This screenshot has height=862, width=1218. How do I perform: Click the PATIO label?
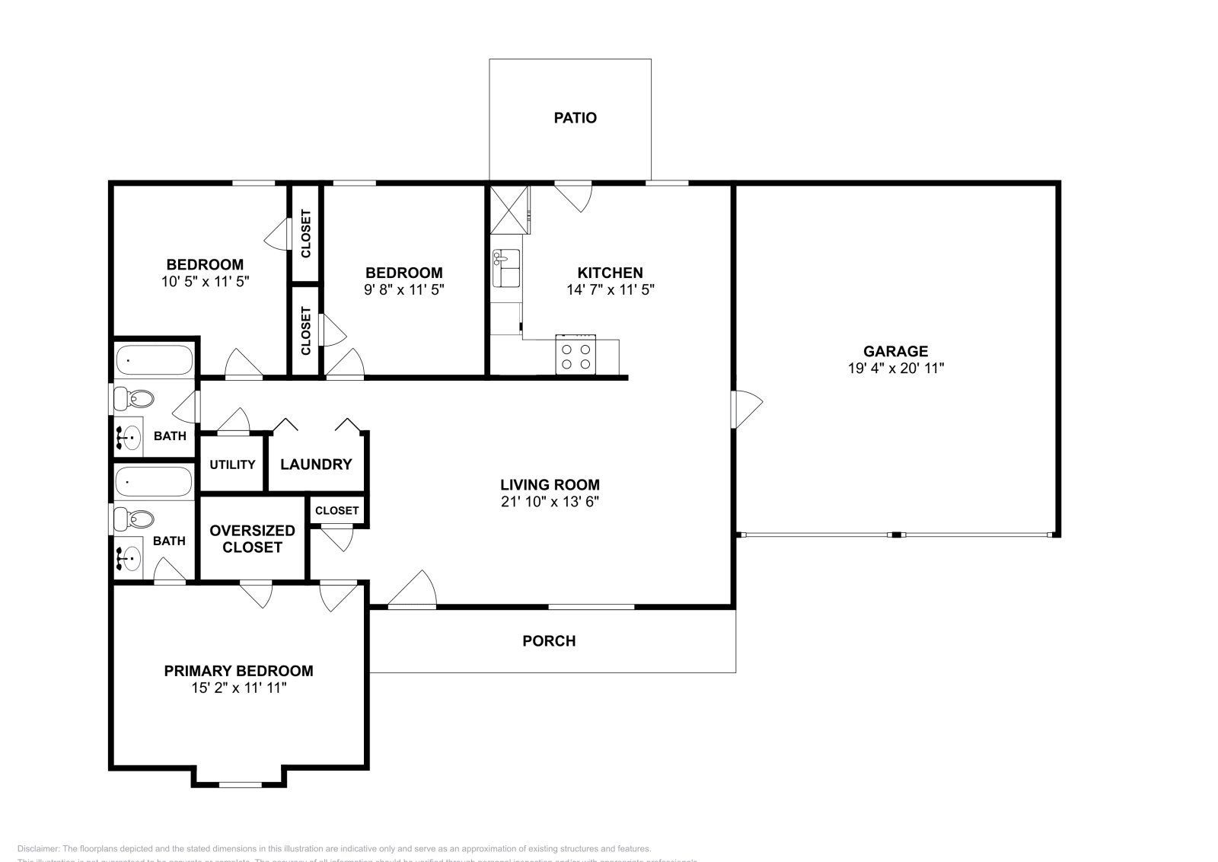coord(575,118)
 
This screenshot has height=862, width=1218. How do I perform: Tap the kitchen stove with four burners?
coord(575,356)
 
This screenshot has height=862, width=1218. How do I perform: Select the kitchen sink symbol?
coord(506,268)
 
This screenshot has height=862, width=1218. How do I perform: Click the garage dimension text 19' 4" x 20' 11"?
coord(895,369)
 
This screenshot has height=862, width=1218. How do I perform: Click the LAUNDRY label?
coord(316,465)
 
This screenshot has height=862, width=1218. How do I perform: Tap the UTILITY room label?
coord(232,465)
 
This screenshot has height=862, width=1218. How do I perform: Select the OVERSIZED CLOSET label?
coord(252,538)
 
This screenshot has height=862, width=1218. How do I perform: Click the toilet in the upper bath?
coord(135,398)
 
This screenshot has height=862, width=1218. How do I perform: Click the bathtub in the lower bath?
coord(153,482)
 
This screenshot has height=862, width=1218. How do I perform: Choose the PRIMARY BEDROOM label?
coord(238,671)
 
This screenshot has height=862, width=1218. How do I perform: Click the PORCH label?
coord(549,641)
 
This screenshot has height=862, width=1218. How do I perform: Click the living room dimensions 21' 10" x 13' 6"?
coord(550,502)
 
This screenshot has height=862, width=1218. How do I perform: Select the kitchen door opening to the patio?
coord(574,193)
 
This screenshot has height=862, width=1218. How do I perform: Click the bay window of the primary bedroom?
coord(240,784)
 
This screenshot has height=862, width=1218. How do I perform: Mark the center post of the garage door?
coord(896,535)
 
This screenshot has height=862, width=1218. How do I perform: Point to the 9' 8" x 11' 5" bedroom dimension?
coord(403,290)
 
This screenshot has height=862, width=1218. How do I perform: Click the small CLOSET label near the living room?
coord(336,511)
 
